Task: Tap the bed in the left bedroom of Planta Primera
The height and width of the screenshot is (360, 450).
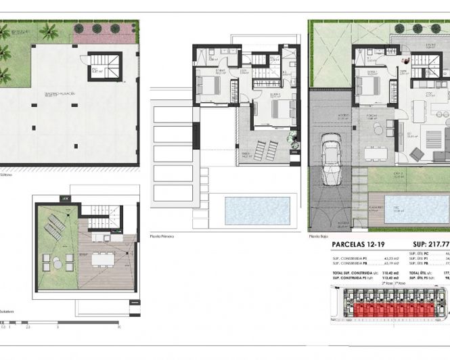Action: tap(208, 85)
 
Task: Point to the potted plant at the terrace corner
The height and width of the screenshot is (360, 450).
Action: tap(293, 139)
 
